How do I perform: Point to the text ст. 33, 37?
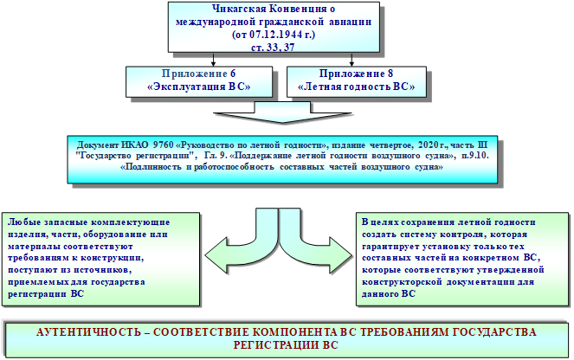[x=273, y=48]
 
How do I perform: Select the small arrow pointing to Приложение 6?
[x=214, y=60]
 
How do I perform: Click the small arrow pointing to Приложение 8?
[x=351, y=60]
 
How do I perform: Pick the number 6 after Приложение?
[x=233, y=74]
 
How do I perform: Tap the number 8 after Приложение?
[x=390, y=74]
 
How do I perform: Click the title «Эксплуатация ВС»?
[x=199, y=87]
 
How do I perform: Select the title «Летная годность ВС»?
[x=356, y=87]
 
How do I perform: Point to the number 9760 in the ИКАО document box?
[x=164, y=145]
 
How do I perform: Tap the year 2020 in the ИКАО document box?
[x=428, y=145]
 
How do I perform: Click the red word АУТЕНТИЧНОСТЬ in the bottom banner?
[x=88, y=332]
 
